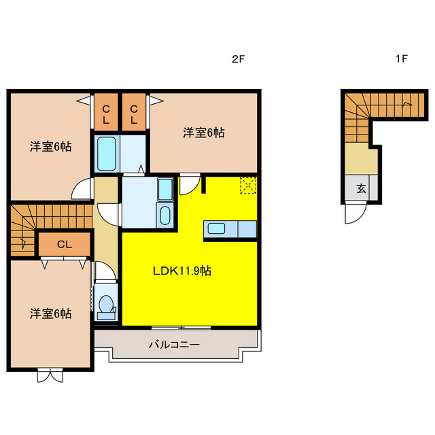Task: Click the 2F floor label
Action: (237, 59)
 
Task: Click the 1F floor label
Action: (401, 59)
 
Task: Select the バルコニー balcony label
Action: (174, 345)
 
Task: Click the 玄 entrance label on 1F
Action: (361, 189)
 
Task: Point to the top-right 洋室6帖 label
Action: (203, 133)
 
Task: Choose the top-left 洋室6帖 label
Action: (51, 146)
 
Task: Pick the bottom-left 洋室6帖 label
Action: (51, 313)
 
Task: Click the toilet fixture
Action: (106, 306)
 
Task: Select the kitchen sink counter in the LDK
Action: (222, 229)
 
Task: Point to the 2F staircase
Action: (24, 230)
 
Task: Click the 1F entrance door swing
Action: (354, 215)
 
